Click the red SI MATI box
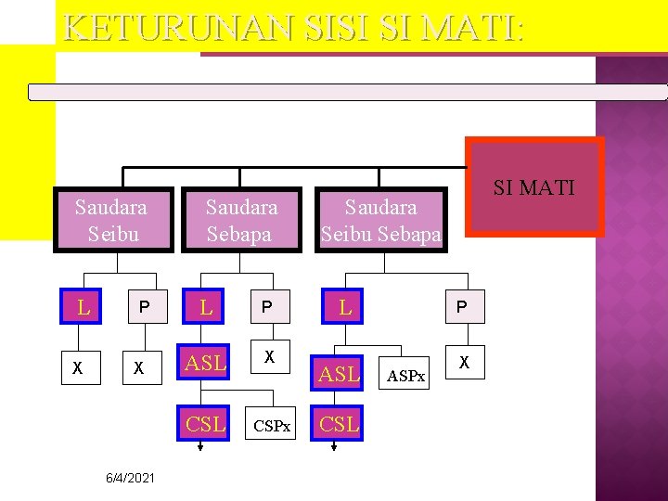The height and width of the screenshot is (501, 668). point(534,188)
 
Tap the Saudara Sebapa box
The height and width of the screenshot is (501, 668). point(240,219)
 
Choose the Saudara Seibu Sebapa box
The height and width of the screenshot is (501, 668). point(380,219)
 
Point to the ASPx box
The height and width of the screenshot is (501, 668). point(406,376)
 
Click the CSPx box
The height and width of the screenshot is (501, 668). point(273,426)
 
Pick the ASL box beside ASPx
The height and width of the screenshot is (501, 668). point(339,374)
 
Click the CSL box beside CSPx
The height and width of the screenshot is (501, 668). point(206,424)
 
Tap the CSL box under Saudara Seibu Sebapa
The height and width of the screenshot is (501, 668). point(339,424)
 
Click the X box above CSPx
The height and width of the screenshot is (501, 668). point(269,357)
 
